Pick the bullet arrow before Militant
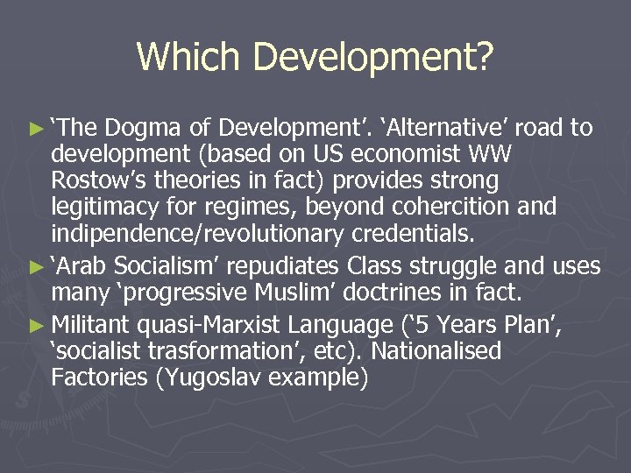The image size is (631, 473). (x=35, y=326)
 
